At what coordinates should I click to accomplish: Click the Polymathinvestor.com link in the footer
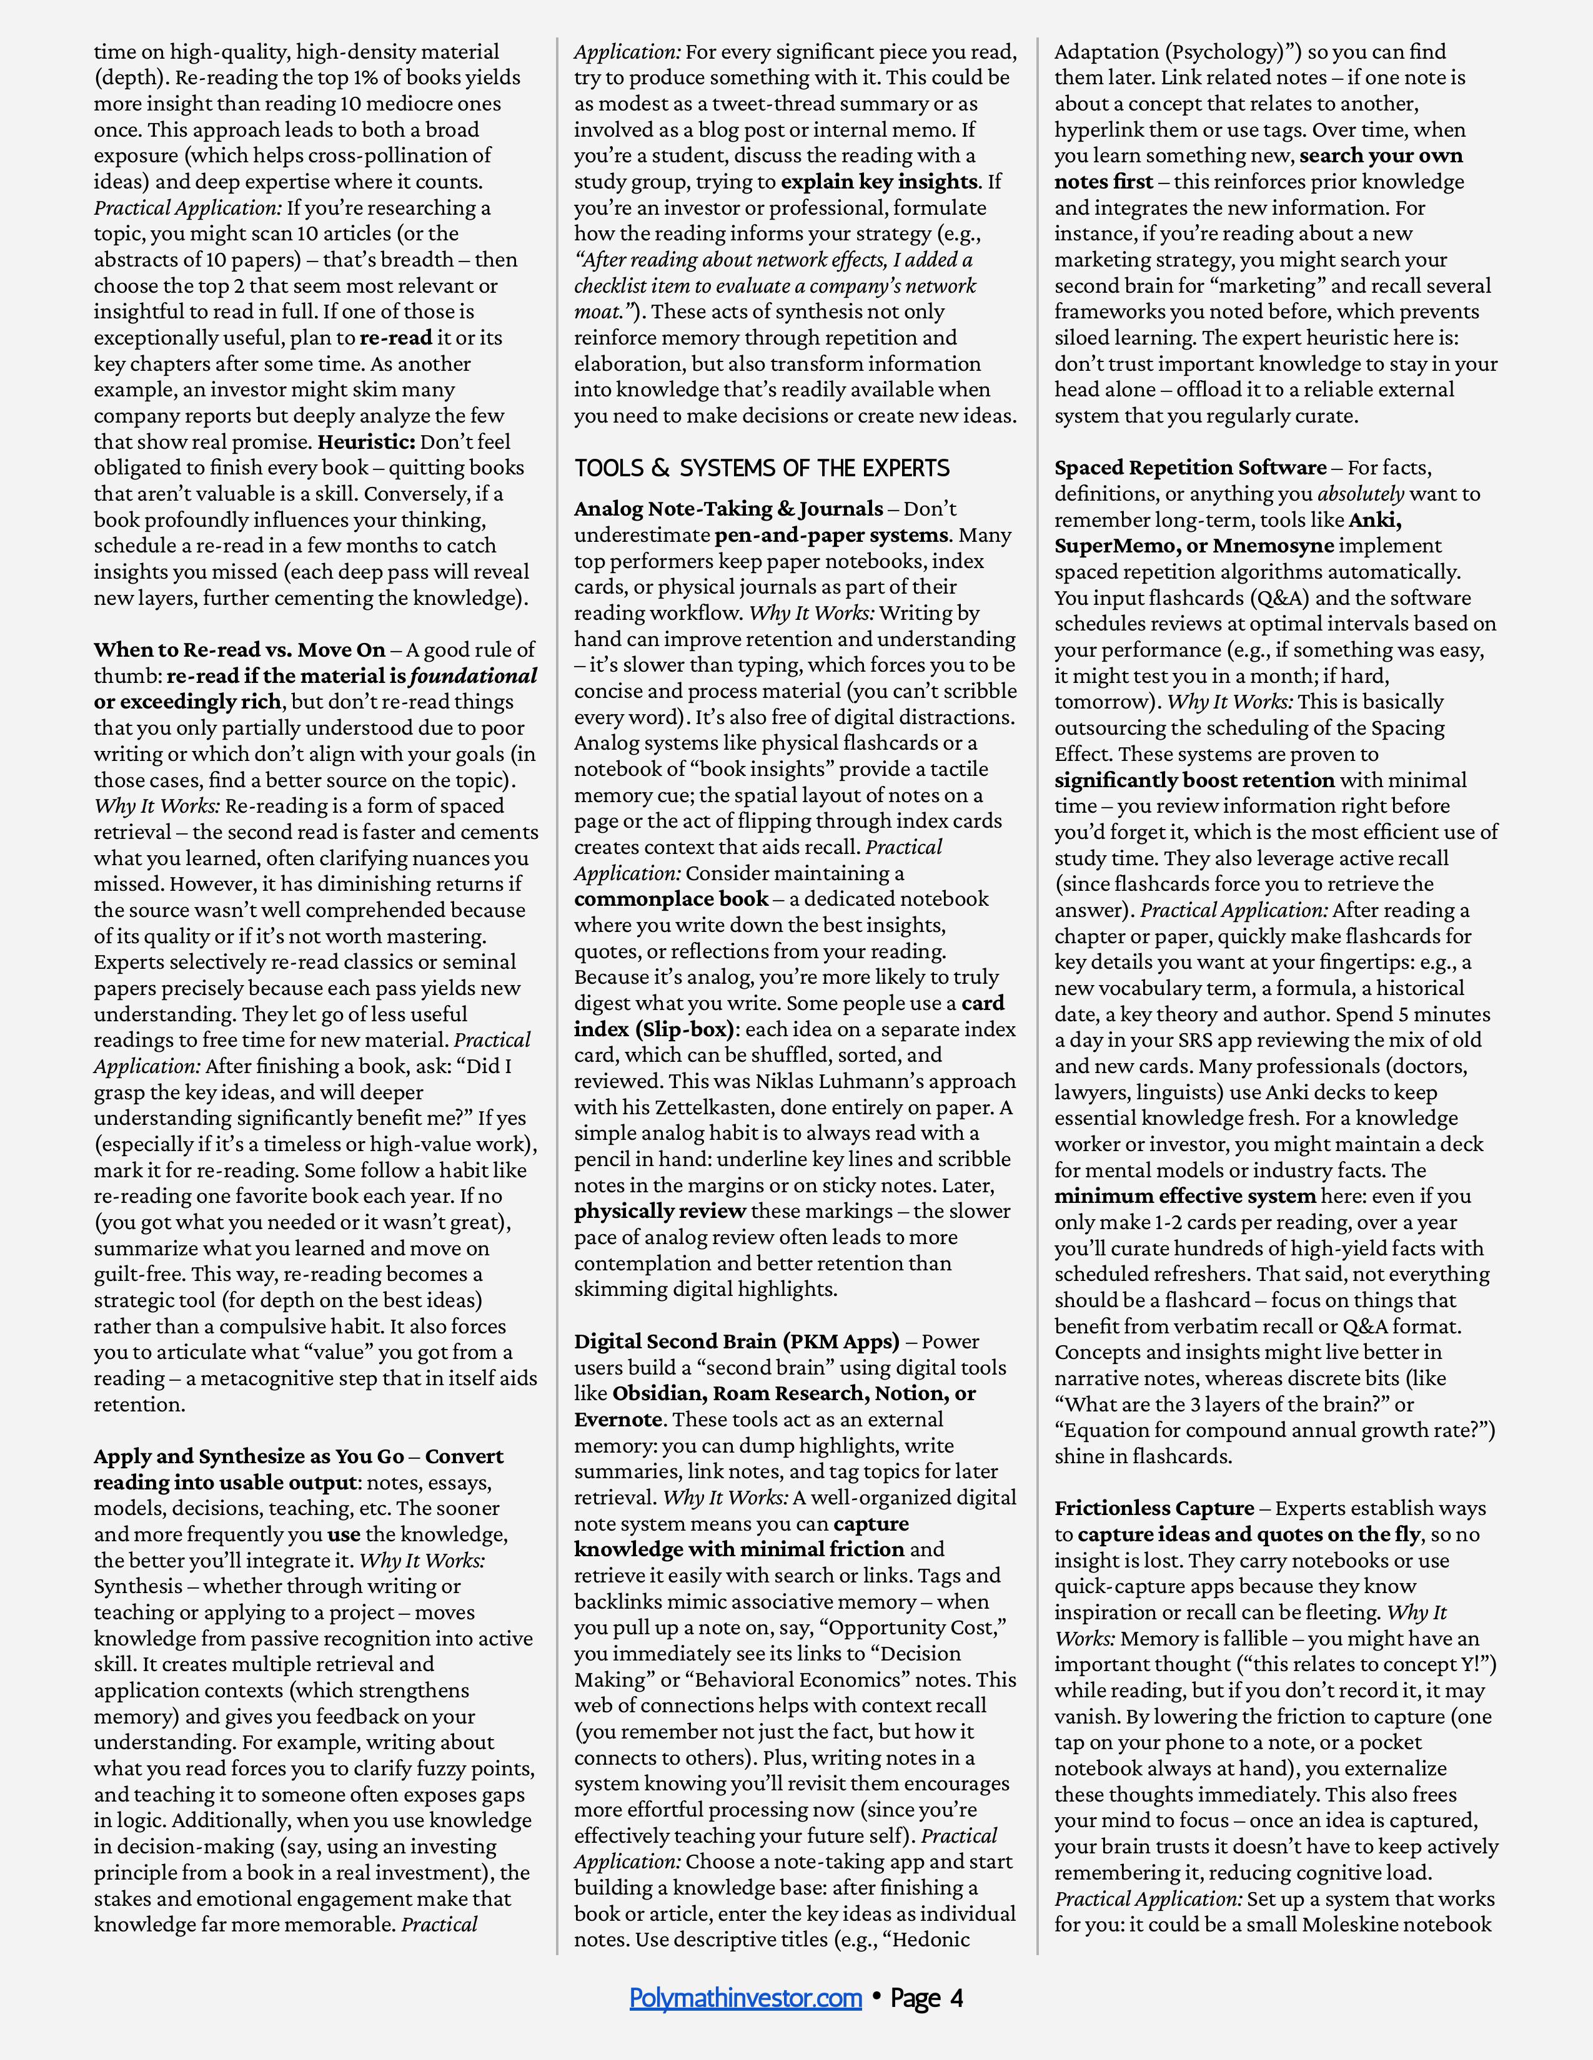[x=745, y=1998]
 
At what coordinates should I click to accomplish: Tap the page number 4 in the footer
[x=956, y=1998]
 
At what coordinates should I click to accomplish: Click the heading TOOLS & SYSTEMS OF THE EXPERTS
[x=762, y=468]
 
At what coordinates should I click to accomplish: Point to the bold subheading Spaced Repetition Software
[x=1190, y=468]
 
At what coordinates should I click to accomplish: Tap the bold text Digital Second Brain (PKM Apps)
[x=736, y=1341]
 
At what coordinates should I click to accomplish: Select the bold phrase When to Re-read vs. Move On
[x=240, y=650]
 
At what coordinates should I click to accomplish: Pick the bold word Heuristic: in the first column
[x=366, y=441]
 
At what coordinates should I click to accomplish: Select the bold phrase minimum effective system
[x=1184, y=1196]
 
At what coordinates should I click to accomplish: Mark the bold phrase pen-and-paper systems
[x=830, y=536]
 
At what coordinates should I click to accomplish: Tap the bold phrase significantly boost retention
[x=1194, y=780]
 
